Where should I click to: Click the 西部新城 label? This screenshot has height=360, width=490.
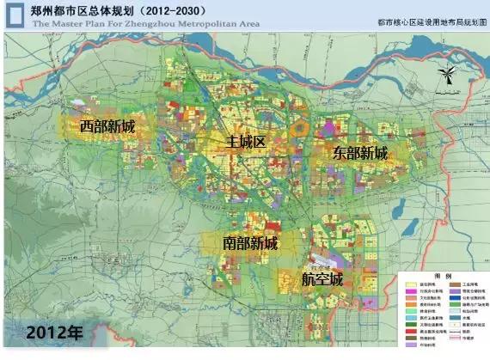(x=107, y=126)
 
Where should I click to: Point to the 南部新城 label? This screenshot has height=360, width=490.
(x=250, y=243)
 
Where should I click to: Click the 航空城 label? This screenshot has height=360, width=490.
(x=322, y=279)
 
